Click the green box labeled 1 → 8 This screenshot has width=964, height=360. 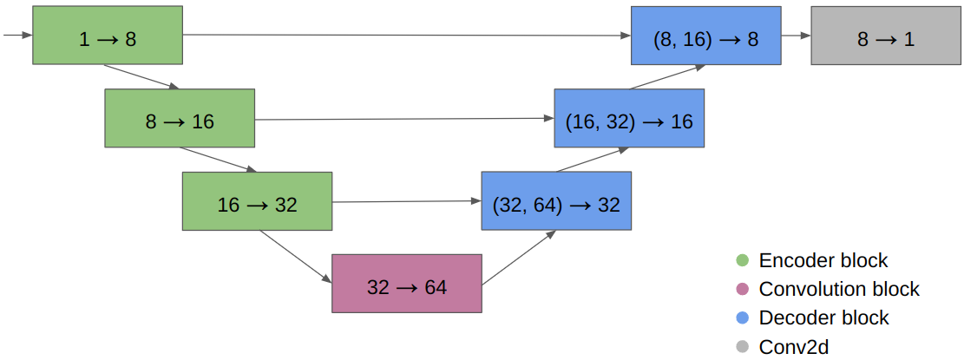pos(108,36)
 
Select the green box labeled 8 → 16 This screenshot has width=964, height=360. pos(180,118)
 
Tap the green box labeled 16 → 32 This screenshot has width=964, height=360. pos(257,201)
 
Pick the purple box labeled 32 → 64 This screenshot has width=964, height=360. pos(406,284)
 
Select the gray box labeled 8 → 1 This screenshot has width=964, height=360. pos(885,36)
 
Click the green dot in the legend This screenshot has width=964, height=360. pos(742,260)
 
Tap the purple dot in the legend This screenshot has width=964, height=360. pos(742,289)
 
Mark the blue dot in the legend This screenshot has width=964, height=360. pos(742,317)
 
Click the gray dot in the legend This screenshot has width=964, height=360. pos(742,347)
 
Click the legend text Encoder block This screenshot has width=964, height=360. pos(823,260)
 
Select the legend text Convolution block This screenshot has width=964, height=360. pos(838,289)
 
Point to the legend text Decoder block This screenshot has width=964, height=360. pos(823,317)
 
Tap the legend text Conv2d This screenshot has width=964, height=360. pos(793,347)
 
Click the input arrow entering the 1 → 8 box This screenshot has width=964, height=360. pos(17,36)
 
